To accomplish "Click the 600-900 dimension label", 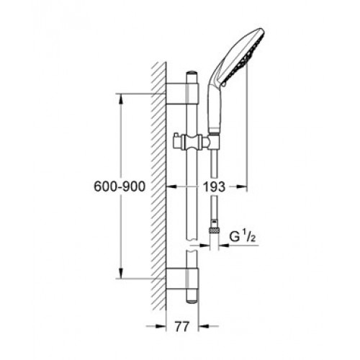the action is tap(120, 186).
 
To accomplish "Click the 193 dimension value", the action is tap(215, 186).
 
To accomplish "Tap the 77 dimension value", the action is tap(181, 326).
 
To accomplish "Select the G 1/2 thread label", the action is tap(242, 237).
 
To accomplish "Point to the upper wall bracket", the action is tap(182, 94).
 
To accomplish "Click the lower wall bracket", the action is tap(182, 279).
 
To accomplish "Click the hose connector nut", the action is tap(215, 230).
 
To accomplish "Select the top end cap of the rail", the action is tap(192, 73).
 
